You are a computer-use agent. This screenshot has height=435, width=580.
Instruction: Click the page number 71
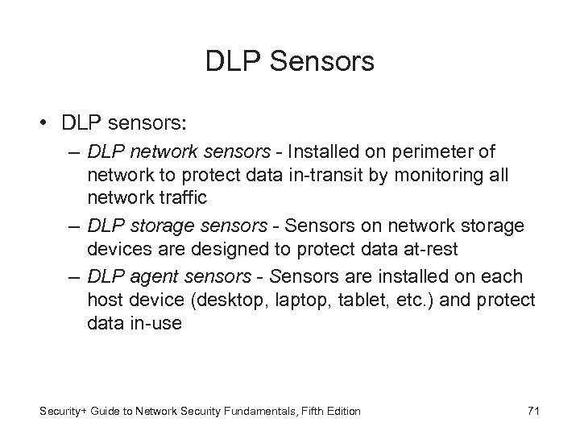(532, 412)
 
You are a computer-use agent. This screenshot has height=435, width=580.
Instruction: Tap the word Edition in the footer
(342, 412)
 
